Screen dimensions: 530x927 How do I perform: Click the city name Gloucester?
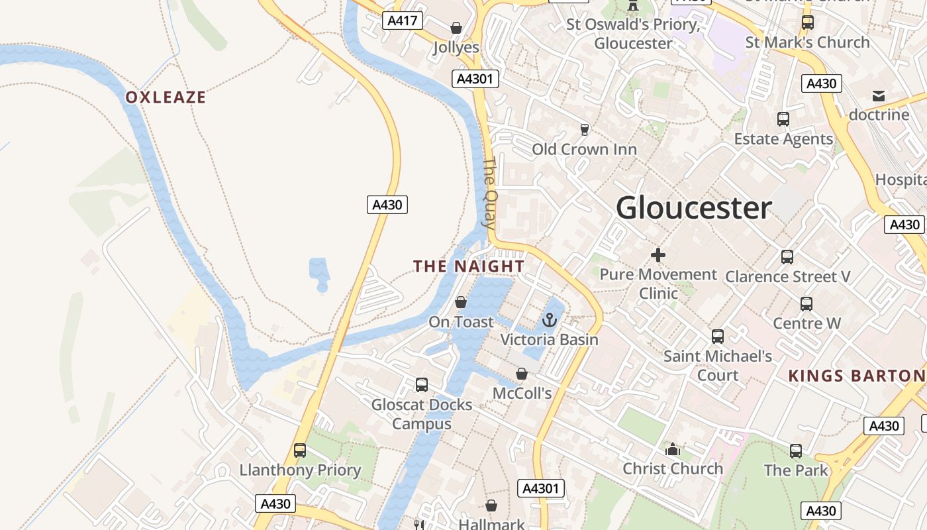click(694, 208)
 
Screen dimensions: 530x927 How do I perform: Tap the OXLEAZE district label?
click(166, 97)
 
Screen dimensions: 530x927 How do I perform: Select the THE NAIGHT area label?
click(469, 266)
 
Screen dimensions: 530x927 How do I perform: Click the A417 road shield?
click(403, 21)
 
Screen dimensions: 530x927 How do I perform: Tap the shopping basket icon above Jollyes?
click(456, 28)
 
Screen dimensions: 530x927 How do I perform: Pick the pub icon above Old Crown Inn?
click(584, 129)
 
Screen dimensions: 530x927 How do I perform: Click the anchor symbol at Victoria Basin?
click(549, 321)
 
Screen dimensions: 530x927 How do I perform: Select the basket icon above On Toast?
click(461, 302)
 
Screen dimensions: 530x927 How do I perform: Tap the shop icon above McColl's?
click(522, 374)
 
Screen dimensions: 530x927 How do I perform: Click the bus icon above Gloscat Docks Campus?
click(421, 384)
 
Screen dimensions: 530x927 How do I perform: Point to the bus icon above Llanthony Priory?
click(300, 450)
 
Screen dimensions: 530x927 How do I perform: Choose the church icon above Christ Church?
click(673, 449)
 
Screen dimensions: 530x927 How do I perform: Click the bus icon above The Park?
click(796, 451)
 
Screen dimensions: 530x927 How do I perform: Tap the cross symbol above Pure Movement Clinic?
click(658, 254)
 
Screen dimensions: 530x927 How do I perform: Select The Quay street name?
click(489, 193)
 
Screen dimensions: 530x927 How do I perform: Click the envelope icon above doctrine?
click(879, 96)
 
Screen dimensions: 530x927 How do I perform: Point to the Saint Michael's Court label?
click(718, 366)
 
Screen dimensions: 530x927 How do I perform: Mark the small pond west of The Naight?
click(318, 273)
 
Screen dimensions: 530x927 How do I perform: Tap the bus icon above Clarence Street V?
click(787, 256)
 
